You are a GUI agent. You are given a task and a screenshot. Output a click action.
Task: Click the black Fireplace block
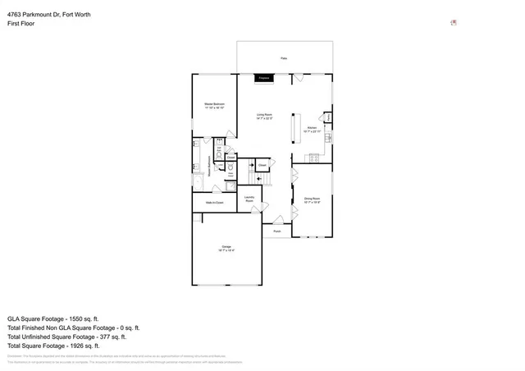point(263,78)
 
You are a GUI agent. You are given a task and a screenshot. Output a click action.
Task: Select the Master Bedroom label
point(215,105)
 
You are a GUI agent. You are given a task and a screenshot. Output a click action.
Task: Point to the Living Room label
point(264,116)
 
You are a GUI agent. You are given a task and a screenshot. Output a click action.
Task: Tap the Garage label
point(226,247)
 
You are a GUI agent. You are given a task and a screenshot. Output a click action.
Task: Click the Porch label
point(276,231)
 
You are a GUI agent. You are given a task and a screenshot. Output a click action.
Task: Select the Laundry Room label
point(249,199)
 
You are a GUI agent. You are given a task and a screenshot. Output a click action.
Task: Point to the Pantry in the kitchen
point(327,118)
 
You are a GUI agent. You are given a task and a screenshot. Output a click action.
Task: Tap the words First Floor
point(22,24)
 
